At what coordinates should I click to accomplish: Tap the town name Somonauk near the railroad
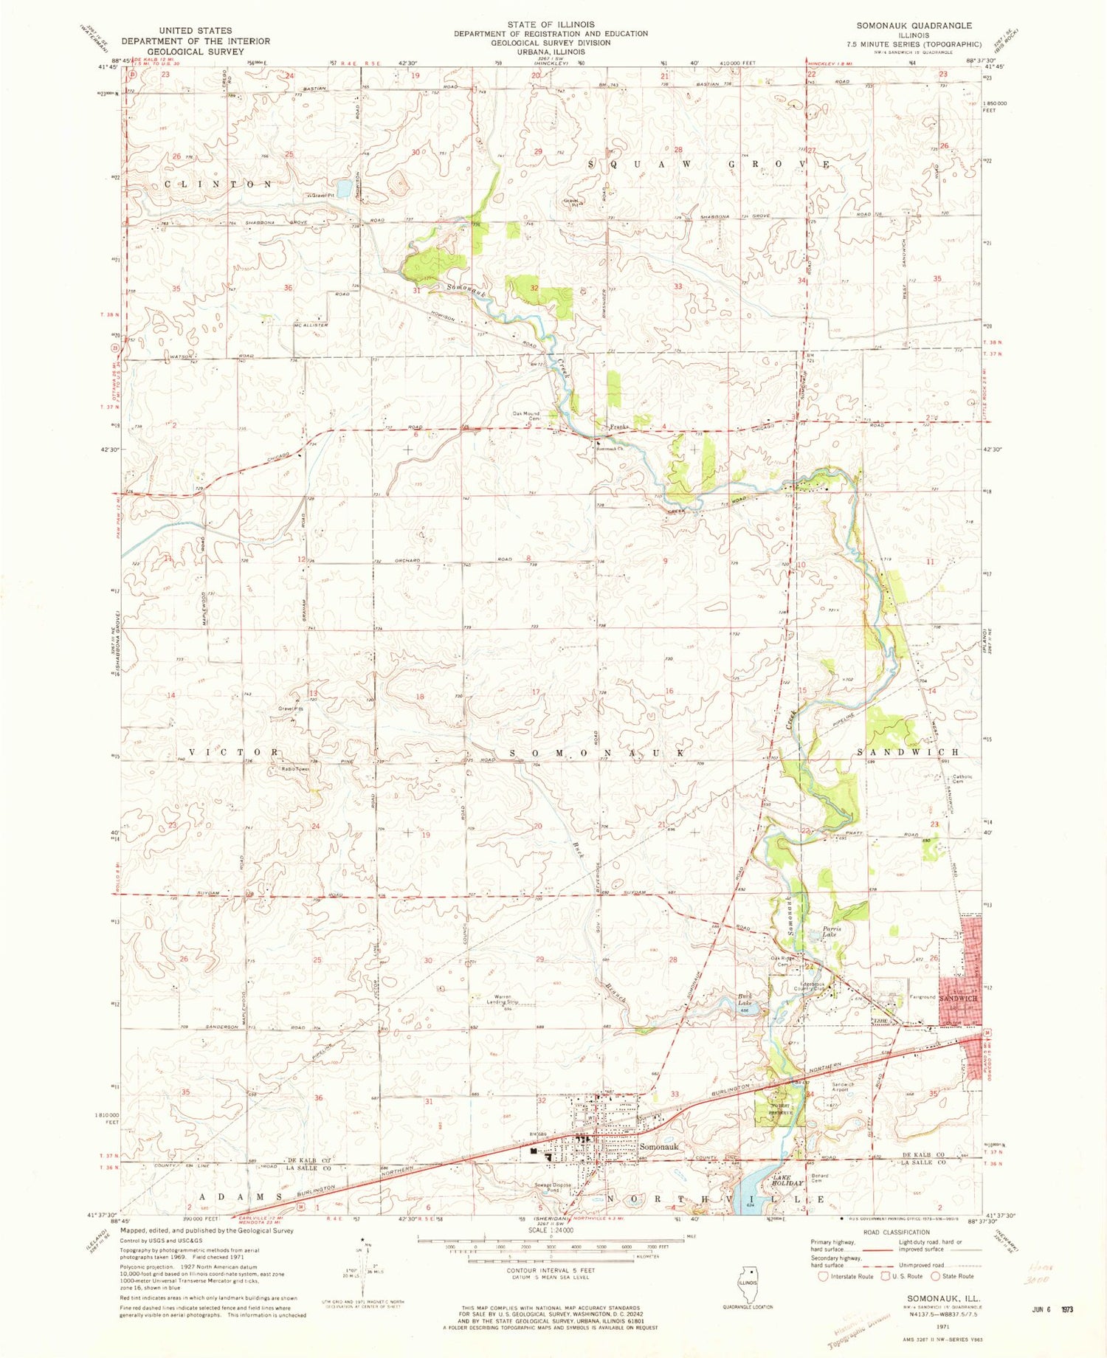point(659,1147)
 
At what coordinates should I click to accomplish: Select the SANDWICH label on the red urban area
point(958,998)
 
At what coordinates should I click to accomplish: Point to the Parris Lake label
point(832,931)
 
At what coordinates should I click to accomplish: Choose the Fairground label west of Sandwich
point(922,997)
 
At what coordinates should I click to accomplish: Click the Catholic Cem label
point(962,779)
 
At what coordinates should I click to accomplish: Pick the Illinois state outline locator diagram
point(748,1281)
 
